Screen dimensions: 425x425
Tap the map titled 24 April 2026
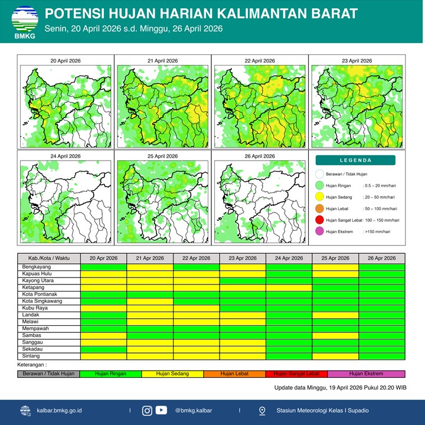(x=65, y=200)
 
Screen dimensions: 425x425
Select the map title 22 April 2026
(x=260, y=61)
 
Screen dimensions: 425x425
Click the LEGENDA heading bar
(x=355, y=160)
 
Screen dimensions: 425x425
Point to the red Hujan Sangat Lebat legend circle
(x=319, y=220)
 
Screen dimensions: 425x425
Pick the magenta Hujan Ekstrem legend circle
(x=319, y=232)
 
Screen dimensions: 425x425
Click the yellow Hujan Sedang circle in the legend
(x=319, y=197)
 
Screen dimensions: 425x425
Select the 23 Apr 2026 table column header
(x=243, y=258)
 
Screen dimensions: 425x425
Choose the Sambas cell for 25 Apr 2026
(x=335, y=335)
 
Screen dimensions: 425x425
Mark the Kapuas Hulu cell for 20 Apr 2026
(x=103, y=274)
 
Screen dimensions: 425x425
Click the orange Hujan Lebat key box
(x=234, y=374)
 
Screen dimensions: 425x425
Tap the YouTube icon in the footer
(x=161, y=410)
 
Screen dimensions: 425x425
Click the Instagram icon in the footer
(x=148, y=410)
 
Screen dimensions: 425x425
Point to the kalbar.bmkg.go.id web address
(x=59, y=410)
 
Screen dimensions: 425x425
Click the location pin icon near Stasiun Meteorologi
(x=262, y=410)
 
